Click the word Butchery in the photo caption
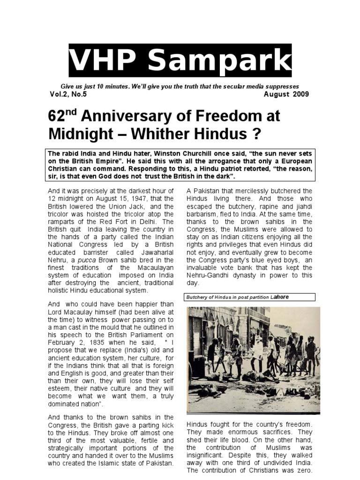(198, 297)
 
